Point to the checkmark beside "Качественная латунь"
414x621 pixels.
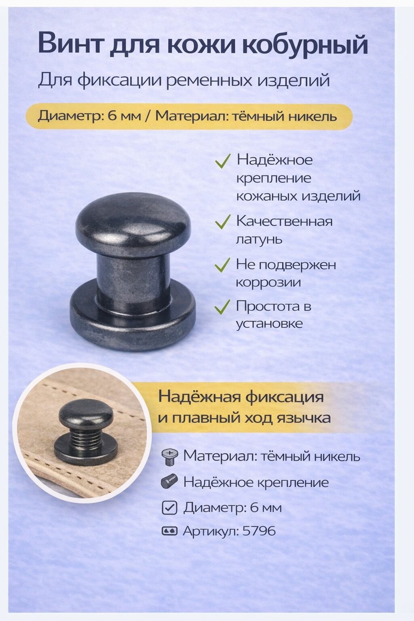222,222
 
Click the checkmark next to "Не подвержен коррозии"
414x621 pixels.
222,265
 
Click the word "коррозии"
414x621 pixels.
268,282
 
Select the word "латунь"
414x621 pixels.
259,239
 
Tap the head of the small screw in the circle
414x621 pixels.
86,416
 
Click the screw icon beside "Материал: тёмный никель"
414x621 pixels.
169,456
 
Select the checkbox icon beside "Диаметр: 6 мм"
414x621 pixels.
169,507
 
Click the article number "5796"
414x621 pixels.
259,530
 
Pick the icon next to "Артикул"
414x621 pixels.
169,531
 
